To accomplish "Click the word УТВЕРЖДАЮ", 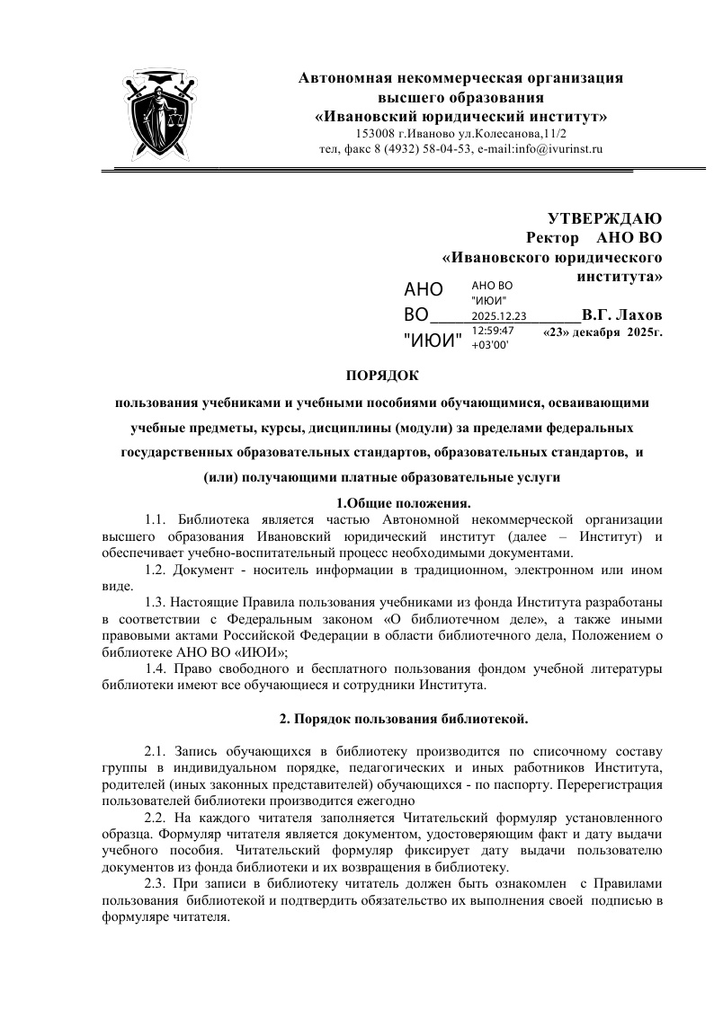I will coord(605,219).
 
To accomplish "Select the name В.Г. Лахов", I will coord(621,315).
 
